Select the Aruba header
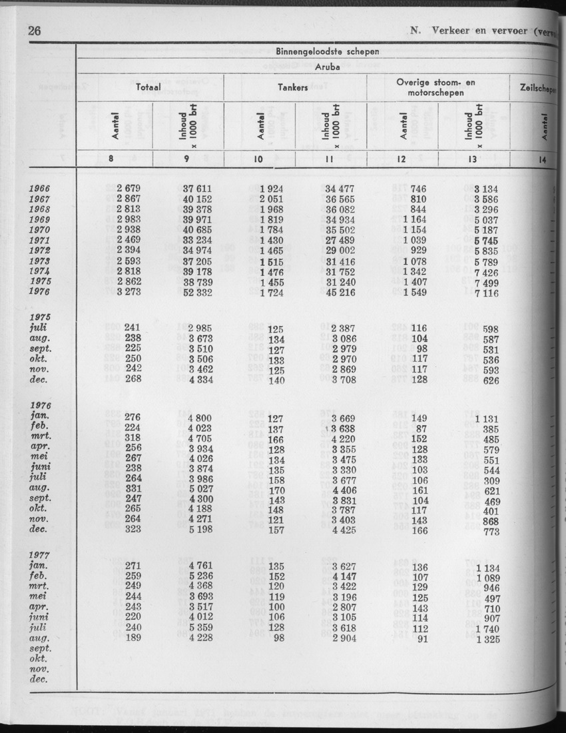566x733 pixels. click(327, 67)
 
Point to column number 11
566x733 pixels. click(330, 159)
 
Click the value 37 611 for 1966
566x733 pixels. click(198, 189)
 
